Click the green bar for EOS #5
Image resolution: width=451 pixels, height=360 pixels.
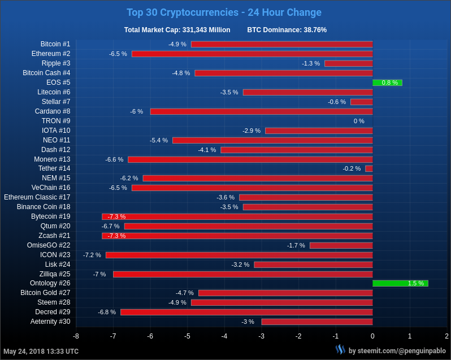387,83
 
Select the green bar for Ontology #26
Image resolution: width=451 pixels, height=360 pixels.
400,283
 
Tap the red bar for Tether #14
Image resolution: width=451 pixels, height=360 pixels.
369,168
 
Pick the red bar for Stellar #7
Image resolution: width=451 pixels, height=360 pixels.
362,102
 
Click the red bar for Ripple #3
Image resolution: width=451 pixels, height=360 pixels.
349,63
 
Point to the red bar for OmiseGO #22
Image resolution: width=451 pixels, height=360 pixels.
341,245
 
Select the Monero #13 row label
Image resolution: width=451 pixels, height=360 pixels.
52,159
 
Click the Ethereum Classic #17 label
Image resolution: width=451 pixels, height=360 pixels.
37,197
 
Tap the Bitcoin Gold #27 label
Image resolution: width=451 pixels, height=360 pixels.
45,293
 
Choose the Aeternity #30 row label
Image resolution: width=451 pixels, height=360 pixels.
50,322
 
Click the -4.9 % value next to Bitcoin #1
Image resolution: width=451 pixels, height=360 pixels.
177,44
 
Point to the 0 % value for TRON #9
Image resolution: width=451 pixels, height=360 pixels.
359,121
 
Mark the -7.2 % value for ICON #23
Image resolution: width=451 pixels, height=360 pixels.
92,255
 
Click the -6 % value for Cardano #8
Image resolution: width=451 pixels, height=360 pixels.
137,111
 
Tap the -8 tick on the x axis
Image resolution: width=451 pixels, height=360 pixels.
76,336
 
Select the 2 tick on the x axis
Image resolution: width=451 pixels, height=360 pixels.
446,336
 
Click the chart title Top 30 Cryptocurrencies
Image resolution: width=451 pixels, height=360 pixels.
224,12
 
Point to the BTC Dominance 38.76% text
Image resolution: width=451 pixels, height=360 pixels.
287,30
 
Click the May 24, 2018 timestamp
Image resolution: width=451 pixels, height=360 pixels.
41,352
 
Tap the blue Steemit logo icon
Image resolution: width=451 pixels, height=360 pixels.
340,350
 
